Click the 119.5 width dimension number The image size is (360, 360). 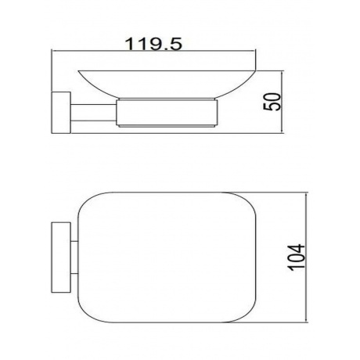click(x=153, y=44)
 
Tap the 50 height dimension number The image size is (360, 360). click(x=272, y=102)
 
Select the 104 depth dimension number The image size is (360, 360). click(x=296, y=257)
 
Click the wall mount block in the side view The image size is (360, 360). click(x=61, y=113)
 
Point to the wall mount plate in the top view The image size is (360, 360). click(x=61, y=257)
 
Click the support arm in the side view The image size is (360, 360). click(x=93, y=113)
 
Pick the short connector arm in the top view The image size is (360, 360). click(x=74, y=257)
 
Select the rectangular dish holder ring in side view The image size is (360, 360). click(x=167, y=113)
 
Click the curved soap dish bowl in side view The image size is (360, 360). click(x=167, y=85)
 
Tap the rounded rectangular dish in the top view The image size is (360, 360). click(x=167, y=257)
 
